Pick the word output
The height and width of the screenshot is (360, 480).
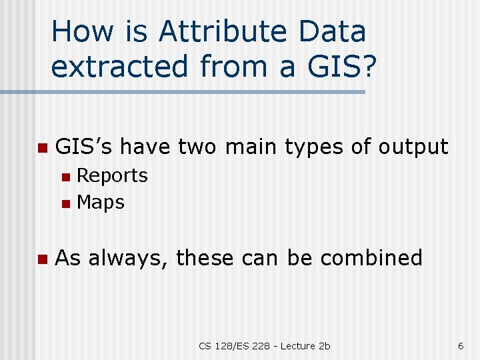413,146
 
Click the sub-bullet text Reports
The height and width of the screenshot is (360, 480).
113,176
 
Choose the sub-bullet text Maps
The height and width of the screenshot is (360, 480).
101,203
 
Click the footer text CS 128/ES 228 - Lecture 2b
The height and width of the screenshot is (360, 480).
264,345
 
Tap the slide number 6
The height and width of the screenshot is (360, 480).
460,345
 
